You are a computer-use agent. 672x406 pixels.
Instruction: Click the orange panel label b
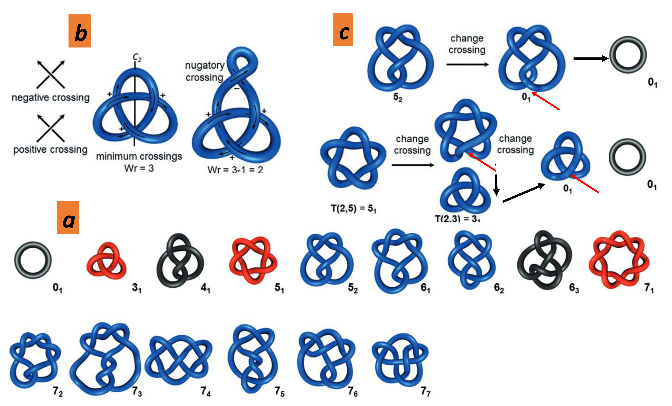80,31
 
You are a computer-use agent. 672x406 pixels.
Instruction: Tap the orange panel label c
343,30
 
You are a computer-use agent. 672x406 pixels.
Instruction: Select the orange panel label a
68,218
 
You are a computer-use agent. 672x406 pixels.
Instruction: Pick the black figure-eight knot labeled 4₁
180,260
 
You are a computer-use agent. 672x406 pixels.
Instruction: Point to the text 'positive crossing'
50,149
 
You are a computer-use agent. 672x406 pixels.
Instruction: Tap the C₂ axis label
137,57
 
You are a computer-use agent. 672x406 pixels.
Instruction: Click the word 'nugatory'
205,65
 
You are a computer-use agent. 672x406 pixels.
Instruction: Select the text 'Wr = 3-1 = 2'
235,170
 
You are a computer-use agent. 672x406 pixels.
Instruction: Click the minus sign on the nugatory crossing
237,88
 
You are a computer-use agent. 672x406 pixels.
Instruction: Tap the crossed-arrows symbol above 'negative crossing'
51,74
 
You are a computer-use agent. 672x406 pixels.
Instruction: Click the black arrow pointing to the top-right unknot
590,58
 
